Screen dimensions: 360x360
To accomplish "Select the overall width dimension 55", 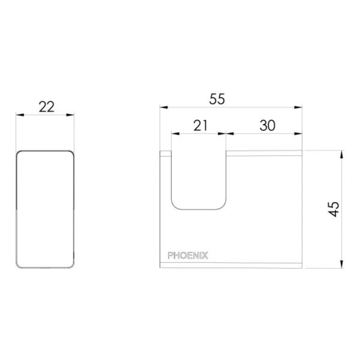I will [217, 99].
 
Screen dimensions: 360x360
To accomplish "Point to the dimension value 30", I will [267, 126].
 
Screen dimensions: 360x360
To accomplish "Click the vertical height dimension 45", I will [334, 209].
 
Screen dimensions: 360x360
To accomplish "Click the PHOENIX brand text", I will [188, 255].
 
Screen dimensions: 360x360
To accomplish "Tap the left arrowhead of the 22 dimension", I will [19, 115].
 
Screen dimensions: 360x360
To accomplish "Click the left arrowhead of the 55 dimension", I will [163, 107].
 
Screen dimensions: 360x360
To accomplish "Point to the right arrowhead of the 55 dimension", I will [299, 107].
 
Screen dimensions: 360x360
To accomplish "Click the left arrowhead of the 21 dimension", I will [174, 133].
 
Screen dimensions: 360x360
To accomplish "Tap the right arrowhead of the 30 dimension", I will [299, 133].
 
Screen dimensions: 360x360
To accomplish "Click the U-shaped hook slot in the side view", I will [198, 180].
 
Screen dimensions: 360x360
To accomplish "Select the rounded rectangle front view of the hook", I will [45, 209].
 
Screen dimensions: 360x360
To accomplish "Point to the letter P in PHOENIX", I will [171, 255].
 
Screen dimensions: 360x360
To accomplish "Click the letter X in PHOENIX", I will [206, 255].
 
